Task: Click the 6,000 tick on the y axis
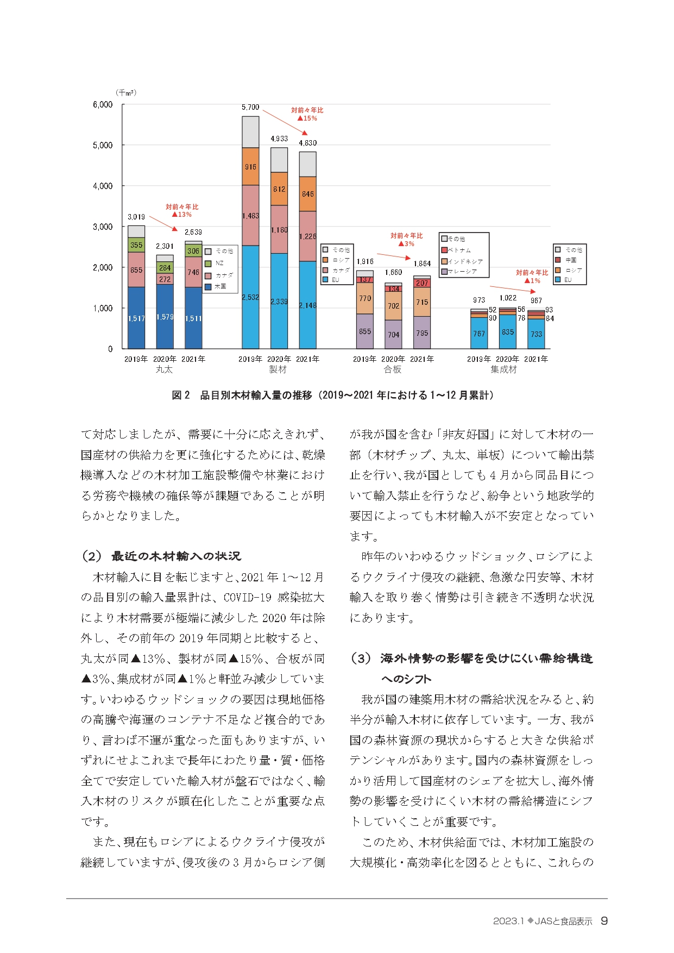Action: (103, 104)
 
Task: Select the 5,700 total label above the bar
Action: (250, 108)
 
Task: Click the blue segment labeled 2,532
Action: (250, 297)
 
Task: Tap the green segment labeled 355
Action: (136, 245)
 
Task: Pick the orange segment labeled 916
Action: (250, 167)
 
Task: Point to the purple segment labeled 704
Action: (393, 335)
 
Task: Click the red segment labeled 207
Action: (422, 283)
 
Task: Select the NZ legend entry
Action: (219, 263)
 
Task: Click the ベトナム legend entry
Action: (459, 250)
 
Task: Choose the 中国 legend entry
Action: (570, 260)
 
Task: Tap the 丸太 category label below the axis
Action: (164, 369)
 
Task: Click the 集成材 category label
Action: (503, 369)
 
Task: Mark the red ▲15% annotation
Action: (307, 118)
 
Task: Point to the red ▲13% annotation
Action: (181, 215)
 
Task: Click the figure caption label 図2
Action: (181, 395)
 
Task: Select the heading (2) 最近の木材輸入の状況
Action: (161, 556)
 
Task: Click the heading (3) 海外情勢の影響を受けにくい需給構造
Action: (471, 659)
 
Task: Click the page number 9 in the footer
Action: (604, 921)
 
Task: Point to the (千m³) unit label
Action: (126, 92)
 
